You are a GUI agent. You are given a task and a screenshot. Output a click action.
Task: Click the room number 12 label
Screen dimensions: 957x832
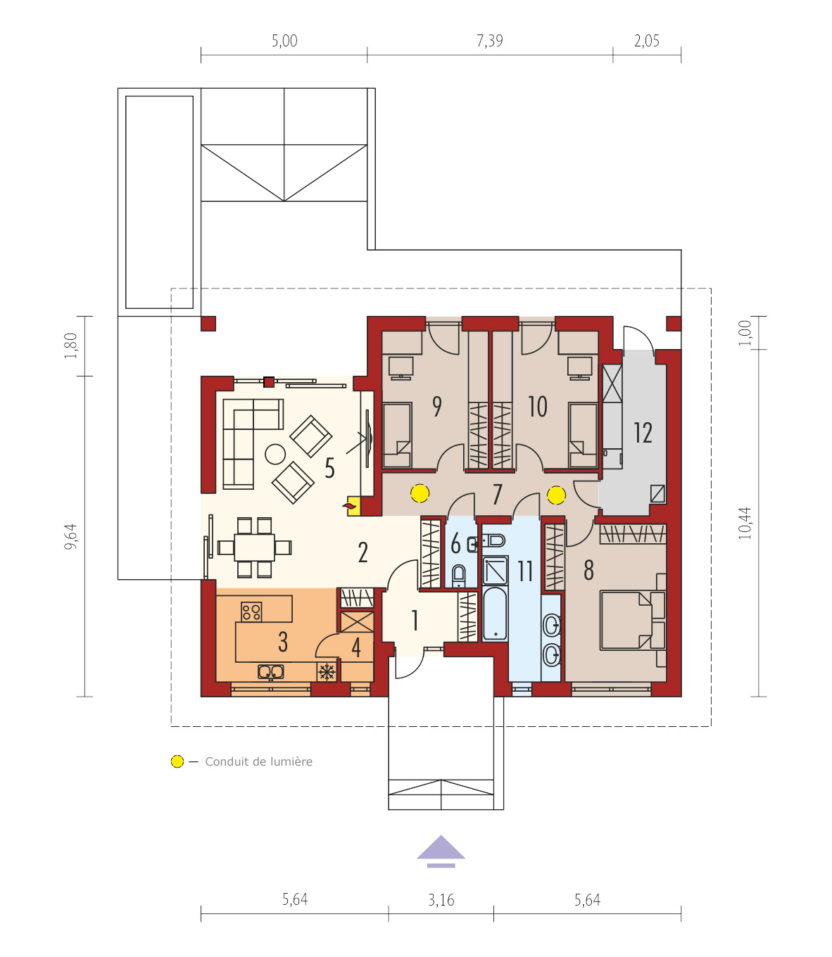(x=643, y=433)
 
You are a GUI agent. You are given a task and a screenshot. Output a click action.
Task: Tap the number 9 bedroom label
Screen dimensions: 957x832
(x=437, y=406)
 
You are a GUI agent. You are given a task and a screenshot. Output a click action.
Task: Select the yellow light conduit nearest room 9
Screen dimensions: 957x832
(x=420, y=493)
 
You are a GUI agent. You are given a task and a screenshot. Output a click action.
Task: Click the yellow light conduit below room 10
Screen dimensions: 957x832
(x=556, y=495)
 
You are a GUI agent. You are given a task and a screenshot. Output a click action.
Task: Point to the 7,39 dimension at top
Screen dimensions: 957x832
(x=490, y=41)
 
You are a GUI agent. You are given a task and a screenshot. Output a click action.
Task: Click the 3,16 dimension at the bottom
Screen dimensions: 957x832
(x=441, y=900)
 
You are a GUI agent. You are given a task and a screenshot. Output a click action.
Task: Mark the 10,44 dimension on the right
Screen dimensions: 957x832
(x=745, y=523)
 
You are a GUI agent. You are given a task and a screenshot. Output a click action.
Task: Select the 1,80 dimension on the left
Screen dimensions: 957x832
(x=71, y=346)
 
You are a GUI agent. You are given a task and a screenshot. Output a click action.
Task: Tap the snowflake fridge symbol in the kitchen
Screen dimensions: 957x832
(x=326, y=671)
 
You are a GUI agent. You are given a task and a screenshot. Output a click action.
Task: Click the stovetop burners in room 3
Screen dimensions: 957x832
(x=251, y=611)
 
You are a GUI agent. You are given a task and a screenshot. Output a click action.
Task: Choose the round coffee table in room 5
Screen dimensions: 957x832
(x=275, y=454)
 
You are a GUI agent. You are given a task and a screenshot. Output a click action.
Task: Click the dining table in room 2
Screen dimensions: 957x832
(x=254, y=547)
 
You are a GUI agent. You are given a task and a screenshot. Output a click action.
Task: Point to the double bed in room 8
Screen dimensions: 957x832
(x=631, y=620)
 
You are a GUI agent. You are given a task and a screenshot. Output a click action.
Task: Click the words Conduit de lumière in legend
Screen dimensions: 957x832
(x=258, y=761)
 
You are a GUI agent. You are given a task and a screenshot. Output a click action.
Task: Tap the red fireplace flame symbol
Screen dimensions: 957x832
(x=349, y=505)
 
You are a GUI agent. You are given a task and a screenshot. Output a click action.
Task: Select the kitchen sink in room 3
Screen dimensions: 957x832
(x=271, y=672)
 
